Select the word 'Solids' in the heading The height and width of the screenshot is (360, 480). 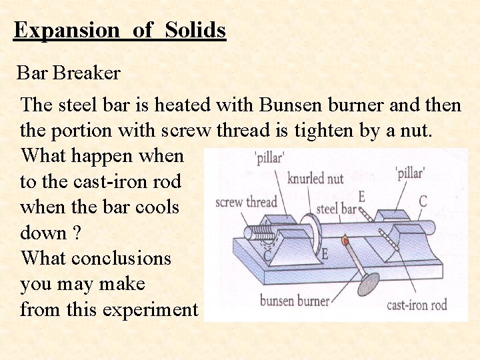(195, 30)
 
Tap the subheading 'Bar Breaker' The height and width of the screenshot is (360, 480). (68, 73)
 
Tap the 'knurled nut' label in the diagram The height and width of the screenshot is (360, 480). (316, 178)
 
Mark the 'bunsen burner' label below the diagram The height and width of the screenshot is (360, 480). (294, 301)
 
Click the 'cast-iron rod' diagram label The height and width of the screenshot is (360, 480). (417, 305)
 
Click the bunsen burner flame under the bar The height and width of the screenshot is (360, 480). (345, 240)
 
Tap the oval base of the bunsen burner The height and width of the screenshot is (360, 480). (368, 284)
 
